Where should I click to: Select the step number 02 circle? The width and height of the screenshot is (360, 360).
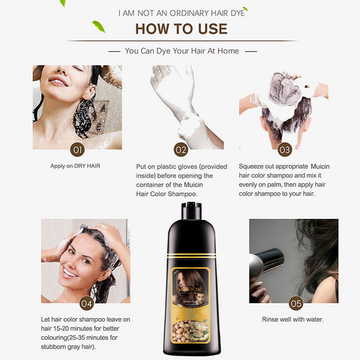click(180, 148)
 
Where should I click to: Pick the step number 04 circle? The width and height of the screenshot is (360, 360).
click(87, 303)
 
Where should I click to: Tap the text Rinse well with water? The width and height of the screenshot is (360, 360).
click(292, 319)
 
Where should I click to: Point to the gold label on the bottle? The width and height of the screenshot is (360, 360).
click(181, 293)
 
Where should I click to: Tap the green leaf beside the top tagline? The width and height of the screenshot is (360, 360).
click(97, 28)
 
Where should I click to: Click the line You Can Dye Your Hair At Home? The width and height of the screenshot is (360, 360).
click(180, 52)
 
